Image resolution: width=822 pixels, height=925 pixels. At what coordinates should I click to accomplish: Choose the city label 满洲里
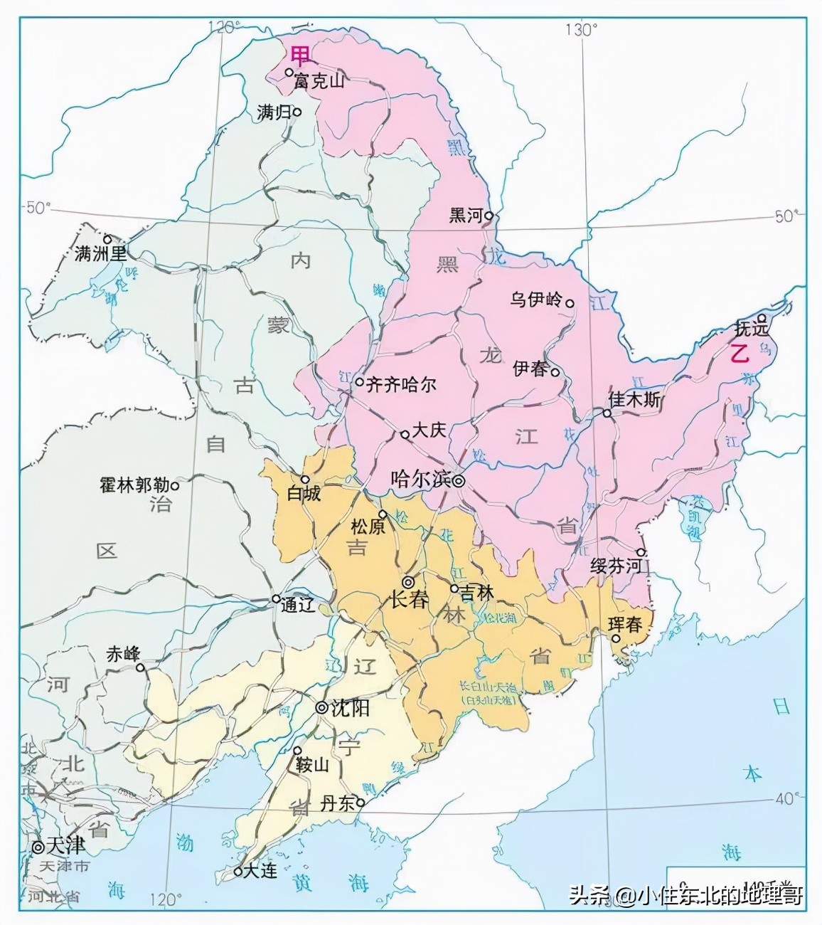tap(100, 253)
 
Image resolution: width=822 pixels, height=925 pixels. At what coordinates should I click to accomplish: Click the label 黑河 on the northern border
tap(466, 216)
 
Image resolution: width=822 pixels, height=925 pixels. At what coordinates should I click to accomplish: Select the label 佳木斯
tap(634, 400)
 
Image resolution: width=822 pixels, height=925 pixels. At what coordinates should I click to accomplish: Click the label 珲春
tap(626, 625)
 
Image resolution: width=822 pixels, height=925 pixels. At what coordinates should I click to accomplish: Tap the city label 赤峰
tap(123, 654)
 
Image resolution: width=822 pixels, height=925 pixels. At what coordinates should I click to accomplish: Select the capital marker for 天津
tap(37, 847)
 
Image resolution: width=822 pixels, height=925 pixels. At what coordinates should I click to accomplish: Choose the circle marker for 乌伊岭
tap(570, 302)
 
